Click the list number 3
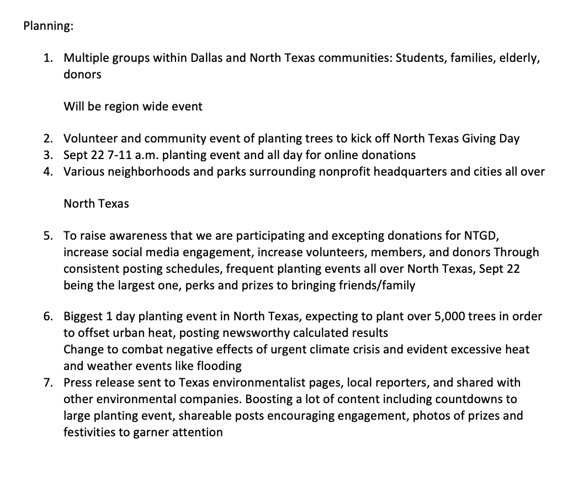49,155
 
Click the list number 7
49,382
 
